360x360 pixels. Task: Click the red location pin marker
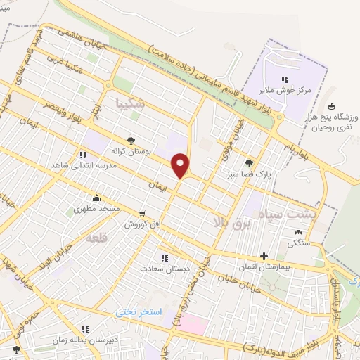pos(181,165)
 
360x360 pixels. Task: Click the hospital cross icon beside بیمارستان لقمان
pos(264,257)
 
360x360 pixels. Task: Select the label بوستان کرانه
pos(130,150)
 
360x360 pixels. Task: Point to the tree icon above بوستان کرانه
pos(130,140)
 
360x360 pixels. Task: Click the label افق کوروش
pos(143,224)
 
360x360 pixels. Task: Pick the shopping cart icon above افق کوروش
pos(143,213)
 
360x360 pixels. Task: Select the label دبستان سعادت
pos(164,269)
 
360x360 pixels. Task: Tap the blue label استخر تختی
pos(139,311)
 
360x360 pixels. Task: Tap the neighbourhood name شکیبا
pos(131,104)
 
